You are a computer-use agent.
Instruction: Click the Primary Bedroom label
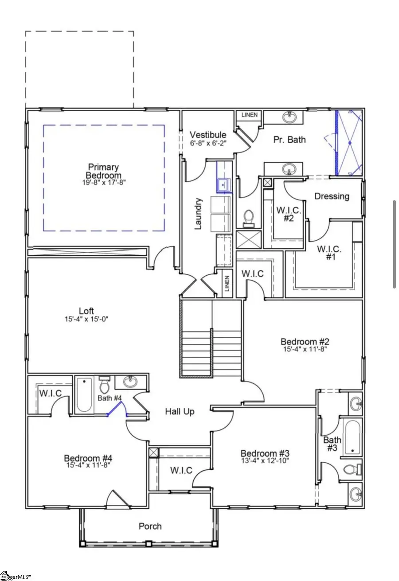coord(103,171)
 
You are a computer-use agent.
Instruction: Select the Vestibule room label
coord(208,135)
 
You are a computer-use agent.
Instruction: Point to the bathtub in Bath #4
coord(84,394)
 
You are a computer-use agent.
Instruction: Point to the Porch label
coord(150,526)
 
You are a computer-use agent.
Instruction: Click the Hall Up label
coord(180,412)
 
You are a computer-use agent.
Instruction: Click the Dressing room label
coord(332,196)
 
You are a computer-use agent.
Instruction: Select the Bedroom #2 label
coord(305,342)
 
